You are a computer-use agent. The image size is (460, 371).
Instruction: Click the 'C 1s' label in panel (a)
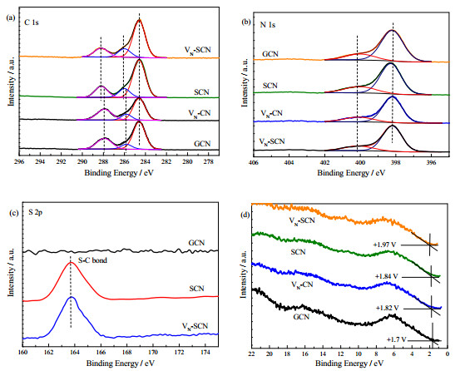pyautogui.click(x=32, y=22)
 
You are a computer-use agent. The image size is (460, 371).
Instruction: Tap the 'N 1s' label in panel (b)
pyautogui.click(x=268, y=25)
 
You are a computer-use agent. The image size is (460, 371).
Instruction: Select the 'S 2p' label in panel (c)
pyautogui.click(x=35, y=213)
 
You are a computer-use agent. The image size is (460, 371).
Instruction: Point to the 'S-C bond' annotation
pyautogui.click(x=92, y=260)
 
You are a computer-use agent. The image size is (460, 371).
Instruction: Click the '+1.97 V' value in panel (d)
pyautogui.click(x=384, y=244)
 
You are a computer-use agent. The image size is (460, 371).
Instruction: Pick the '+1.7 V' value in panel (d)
pyautogui.click(x=397, y=339)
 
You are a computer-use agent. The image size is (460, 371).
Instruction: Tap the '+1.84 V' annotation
pyautogui.click(x=387, y=276)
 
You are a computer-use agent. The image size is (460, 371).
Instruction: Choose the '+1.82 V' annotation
pyautogui.click(x=388, y=308)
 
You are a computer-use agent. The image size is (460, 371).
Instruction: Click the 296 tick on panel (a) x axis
pyautogui.click(x=19, y=161)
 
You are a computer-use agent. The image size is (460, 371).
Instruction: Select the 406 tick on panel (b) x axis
pyautogui.click(x=253, y=162)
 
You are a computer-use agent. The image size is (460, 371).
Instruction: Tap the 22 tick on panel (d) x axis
pyautogui.click(x=252, y=354)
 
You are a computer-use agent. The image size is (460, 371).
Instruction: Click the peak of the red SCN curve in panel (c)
pyautogui.click(x=71, y=262)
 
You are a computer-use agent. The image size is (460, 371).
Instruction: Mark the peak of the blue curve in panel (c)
pyautogui.click(x=72, y=297)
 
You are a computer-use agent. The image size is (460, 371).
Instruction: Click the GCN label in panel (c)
pyautogui.click(x=196, y=243)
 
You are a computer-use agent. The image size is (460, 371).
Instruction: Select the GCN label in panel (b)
pyautogui.click(x=270, y=54)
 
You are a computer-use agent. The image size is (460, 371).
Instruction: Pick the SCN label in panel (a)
pyautogui.click(x=201, y=92)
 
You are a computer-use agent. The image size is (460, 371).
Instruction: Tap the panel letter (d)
pyautogui.click(x=245, y=215)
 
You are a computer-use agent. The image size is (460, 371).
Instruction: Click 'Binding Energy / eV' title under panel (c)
pyautogui.click(x=121, y=363)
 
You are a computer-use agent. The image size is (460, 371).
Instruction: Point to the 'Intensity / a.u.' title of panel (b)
pyautogui.click(x=244, y=82)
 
